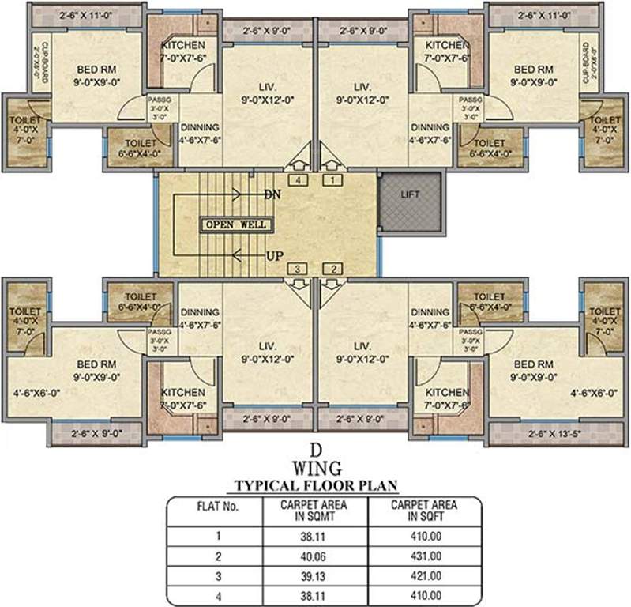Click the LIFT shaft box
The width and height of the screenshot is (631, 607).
pyautogui.click(x=411, y=204)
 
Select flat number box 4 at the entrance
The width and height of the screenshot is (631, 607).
pyautogui.click(x=298, y=180)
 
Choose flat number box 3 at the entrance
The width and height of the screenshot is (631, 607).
pyautogui.click(x=298, y=270)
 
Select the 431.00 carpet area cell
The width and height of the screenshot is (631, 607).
pyautogui.click(x=425, y=556)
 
